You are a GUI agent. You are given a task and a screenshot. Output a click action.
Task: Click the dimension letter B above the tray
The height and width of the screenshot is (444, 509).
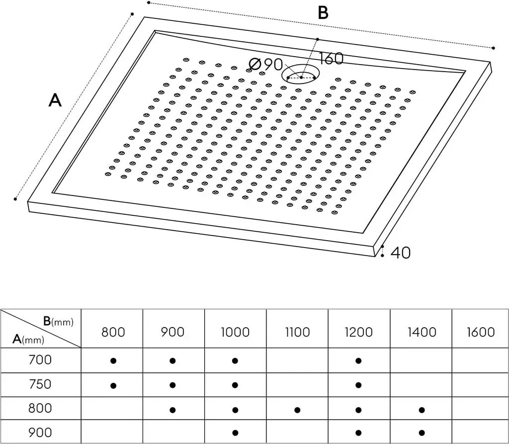tap(323, 13)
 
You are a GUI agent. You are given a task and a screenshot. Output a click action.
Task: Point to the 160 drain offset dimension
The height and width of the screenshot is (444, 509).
tap(331, 59)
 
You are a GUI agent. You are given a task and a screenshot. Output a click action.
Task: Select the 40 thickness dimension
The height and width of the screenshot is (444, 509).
tap(401, 253)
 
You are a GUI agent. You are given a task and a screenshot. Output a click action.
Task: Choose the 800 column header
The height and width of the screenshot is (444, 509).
tap(113, 332)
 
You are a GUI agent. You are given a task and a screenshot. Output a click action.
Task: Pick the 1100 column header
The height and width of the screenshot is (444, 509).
tap(297, 332)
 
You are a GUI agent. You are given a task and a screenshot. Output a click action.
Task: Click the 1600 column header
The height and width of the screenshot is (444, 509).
tap(481, 332)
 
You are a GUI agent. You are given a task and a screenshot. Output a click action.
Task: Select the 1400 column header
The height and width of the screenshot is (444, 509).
tap(422, 332)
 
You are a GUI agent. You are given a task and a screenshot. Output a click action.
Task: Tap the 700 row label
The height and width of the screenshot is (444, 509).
tap(40, 360)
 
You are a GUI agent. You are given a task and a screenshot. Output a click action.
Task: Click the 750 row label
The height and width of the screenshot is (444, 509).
tap(40, 384)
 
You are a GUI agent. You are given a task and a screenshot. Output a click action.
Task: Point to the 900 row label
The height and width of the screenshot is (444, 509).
tap(40, 433)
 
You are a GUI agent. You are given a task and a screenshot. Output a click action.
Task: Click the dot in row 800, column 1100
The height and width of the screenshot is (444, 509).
tap(297, 410)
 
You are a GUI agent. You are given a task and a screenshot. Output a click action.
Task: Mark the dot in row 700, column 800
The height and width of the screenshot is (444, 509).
tap(113, 360)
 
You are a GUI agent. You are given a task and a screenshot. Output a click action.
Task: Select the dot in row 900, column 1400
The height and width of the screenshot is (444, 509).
tap(422, 433)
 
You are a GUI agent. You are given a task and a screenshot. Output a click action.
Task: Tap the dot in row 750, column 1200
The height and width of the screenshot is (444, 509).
tap(358, 385)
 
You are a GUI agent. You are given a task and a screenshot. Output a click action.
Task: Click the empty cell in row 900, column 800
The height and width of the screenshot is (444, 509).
tap(112, 432)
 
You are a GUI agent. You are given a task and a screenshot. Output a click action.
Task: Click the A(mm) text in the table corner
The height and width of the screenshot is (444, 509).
tap(28, 340)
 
